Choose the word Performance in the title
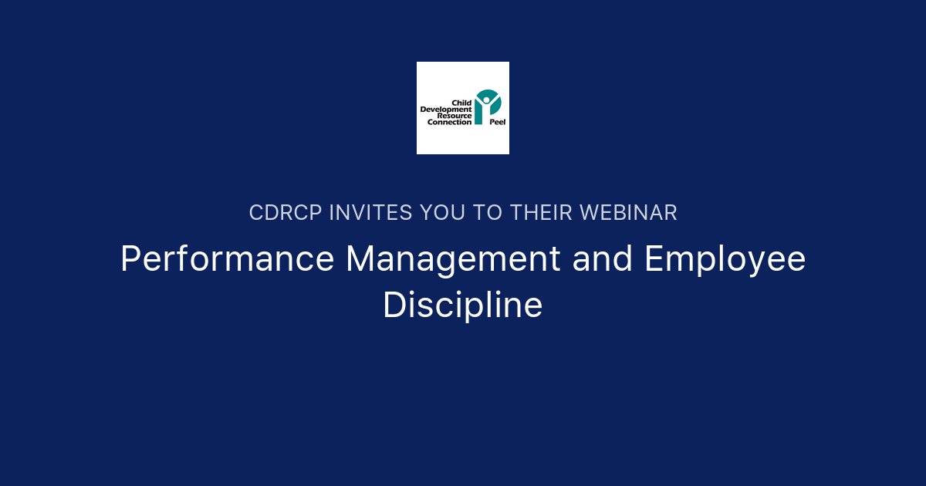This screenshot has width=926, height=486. (228, 259)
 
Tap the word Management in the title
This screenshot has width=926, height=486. (453, 259)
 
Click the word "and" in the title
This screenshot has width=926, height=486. (603, 259)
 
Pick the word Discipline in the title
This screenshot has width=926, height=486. (463, 304)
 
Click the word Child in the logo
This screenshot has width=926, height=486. (461, 103)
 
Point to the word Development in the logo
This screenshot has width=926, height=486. (446, 110)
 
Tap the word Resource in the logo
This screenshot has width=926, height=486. (455, 116)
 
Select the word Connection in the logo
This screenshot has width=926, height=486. (449, 122)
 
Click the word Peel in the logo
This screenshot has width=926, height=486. (498, 123)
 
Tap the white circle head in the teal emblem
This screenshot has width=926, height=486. (487, 100)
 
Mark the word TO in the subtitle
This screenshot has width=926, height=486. (487, 213)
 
